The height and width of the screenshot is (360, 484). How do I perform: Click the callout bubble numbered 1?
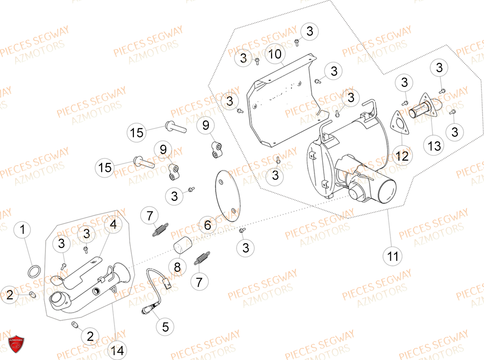point(23,230)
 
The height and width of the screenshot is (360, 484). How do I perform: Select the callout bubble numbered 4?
point(113,225)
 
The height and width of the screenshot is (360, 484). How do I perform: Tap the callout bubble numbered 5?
point(165,327)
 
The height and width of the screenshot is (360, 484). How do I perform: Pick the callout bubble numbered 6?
point(207,225)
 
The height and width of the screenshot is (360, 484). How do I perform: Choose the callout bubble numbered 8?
point(177,267)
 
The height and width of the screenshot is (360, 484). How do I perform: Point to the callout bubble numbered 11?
point(393,256)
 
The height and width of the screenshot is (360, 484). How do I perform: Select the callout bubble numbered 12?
point(402,156)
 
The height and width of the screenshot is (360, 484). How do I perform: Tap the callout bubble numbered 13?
point(434,146)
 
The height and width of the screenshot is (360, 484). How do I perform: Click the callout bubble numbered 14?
point(118,351)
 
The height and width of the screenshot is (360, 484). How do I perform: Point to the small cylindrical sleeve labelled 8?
point(182,248)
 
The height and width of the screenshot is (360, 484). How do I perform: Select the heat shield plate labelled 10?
point(284,103)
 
